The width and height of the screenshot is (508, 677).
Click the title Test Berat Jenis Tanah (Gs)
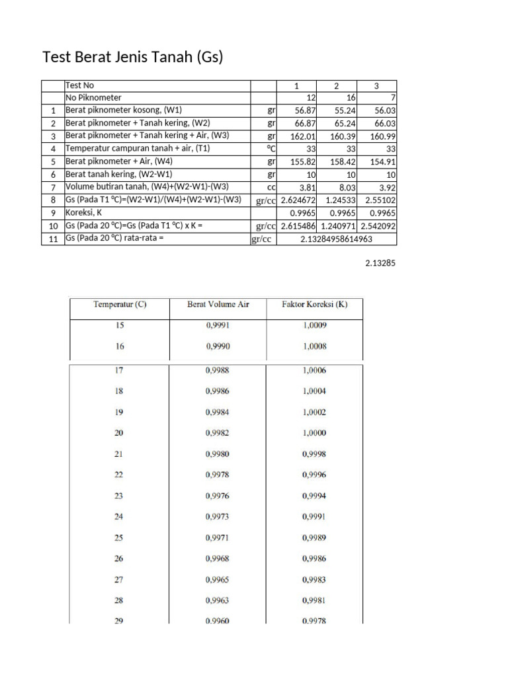pyautogui.click(x=133, y=58)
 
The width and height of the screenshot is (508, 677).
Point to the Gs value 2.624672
pyautogui.click(x=297, y=200)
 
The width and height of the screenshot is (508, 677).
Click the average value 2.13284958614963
pyautogui.click(x=336, y=239)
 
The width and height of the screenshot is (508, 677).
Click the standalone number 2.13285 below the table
pyautogui.click(x=380, y=263)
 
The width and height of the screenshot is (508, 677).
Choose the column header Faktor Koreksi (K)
pyautogui.click(x=314, y=305)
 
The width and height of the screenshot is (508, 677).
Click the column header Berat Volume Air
pyautogui.click(x=218, y=305)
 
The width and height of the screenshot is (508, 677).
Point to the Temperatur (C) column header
pyautogui.click(x=120, y=305)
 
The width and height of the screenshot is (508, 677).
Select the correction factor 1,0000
pyautogui.click(x=314, y=433)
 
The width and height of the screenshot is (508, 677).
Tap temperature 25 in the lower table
pyautogui.click(x=119, y=538)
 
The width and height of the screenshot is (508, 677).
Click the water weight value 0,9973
pyautogui.click(x=218, y=516)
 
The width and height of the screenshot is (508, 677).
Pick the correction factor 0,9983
pyautogui.click(x=314, y=580)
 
